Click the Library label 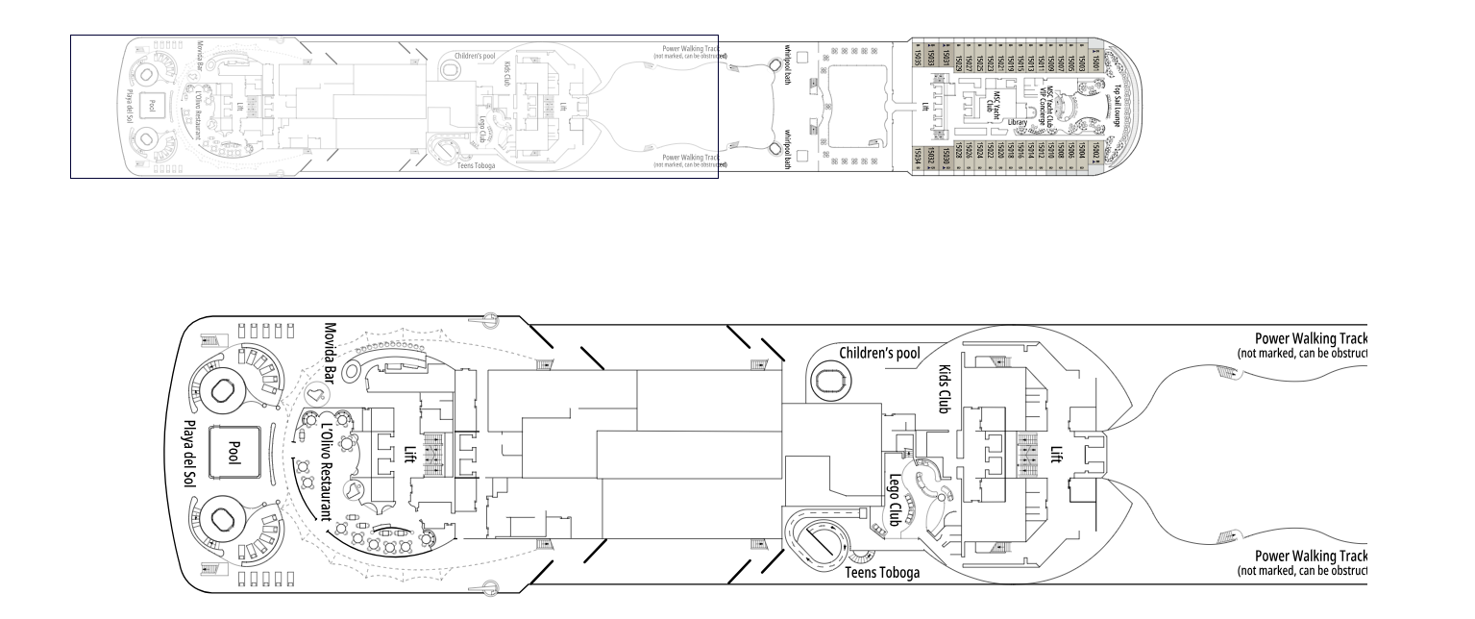click(1019, 123)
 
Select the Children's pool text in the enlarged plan click(879, 354)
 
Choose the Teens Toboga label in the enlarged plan click(882, 573)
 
